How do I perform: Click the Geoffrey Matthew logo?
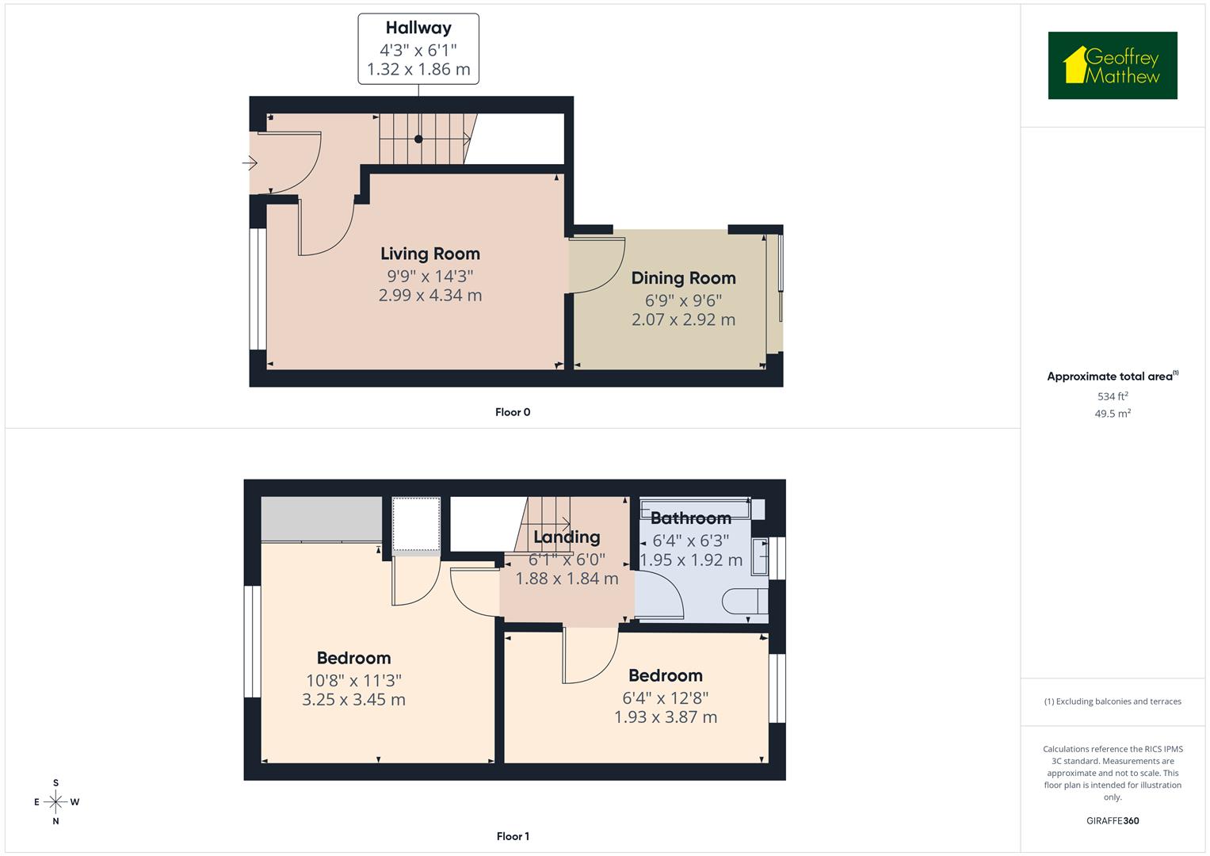1112,66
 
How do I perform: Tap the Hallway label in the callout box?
418,28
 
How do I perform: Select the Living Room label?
429,254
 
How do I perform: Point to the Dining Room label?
683,278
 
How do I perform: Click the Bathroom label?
690,518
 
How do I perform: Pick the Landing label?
567,537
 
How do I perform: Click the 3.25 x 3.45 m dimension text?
353,700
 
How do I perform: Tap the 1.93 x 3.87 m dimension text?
666,717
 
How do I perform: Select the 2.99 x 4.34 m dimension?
429,296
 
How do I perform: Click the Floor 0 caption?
513,412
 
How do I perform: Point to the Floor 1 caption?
513,836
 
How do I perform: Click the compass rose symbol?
55,802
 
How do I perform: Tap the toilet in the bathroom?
746,601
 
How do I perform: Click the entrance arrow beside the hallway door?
250,163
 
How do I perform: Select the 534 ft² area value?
1112,396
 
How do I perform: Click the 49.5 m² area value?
1112,414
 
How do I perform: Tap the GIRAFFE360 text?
1112,821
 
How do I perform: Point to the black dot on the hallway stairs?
418,139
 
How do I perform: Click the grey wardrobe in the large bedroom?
321,519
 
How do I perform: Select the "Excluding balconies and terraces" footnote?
1112,701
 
